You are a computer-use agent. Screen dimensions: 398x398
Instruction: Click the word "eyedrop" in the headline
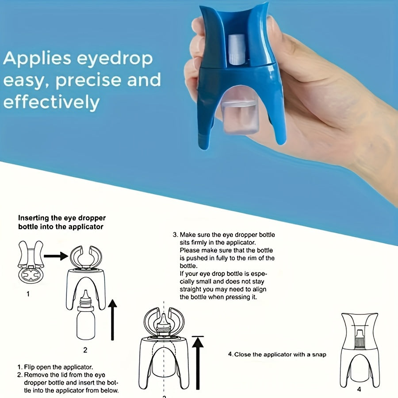(115, 59)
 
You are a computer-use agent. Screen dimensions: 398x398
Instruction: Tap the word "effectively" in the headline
(51, 102)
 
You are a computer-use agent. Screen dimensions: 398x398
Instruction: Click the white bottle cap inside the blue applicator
(237, 50)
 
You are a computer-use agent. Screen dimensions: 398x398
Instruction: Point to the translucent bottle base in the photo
(239, 117)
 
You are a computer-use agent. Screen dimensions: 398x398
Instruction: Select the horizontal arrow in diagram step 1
(56, 256)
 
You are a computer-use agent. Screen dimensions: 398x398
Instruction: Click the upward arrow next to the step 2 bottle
(112, 320)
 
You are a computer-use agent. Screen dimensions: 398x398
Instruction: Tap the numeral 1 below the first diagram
(28, 294)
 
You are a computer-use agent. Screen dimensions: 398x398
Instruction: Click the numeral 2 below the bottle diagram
(85, 350)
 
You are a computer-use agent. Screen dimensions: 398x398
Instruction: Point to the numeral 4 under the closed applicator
(359, 389)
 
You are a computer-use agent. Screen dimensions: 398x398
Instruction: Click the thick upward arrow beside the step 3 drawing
(198, 363)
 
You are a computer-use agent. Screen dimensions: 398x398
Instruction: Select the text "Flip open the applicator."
(58, 367)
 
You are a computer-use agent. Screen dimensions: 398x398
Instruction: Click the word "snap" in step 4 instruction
(319, 354)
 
